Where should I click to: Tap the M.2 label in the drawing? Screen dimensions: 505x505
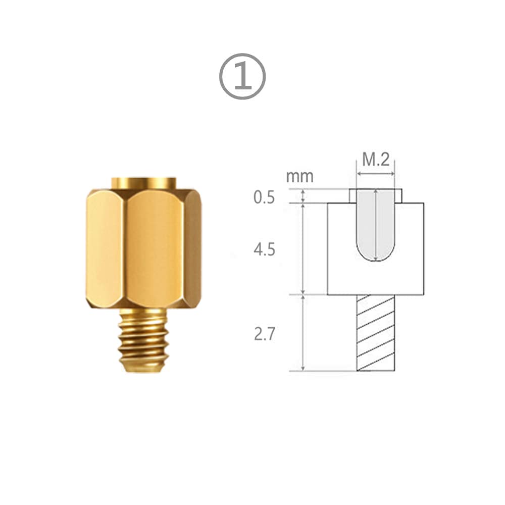[376, 160]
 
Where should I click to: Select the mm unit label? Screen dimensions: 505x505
[299, 177]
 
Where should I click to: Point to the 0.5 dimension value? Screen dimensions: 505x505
[264, 197]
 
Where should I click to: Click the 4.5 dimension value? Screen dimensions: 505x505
[264, 249]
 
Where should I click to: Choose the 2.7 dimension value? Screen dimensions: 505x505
[265, 334]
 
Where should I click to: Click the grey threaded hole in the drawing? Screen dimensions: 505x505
[376, 222]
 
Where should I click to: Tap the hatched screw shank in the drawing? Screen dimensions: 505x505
[376, 333]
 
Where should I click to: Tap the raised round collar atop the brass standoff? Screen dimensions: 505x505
[144, 182]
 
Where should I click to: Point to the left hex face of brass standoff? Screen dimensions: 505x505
[105, 247]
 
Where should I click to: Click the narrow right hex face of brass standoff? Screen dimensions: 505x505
[192, 247]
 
